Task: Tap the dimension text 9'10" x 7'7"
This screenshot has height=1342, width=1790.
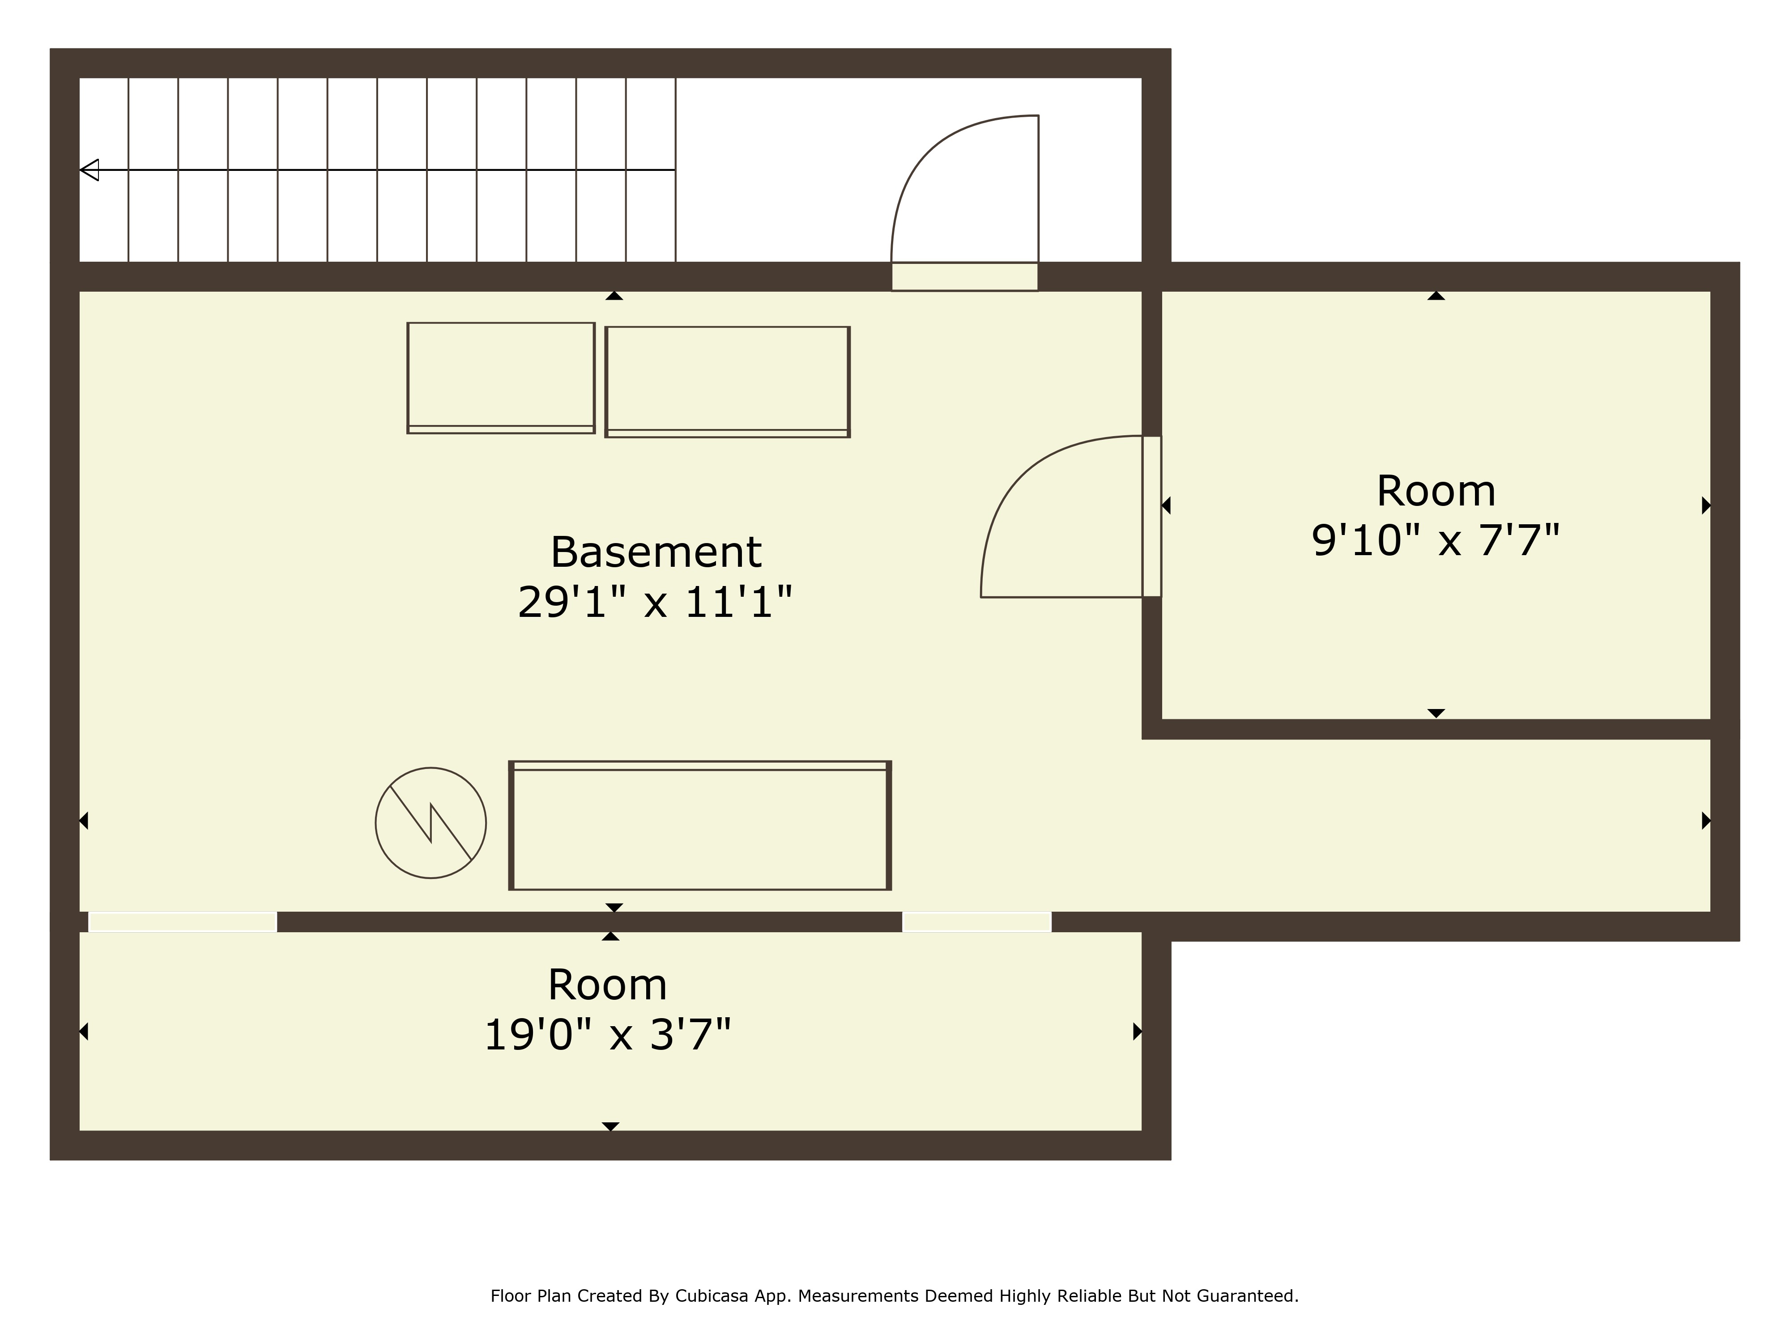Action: (1436, 540)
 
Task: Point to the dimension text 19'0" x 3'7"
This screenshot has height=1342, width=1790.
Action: (607, 1035)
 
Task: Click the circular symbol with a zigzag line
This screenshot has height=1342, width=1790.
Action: (430, 823)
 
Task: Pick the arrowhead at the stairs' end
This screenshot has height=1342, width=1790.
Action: (89, 170)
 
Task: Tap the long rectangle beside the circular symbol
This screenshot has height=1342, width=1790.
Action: (700, 825)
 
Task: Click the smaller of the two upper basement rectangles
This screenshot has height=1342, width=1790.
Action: (501, 378)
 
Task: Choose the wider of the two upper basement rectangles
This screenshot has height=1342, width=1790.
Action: (728, 382)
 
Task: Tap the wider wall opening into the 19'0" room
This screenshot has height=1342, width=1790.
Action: (183, 922)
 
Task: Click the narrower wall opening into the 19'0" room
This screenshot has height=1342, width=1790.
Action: (977, 922)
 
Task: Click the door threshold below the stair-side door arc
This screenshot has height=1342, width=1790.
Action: (965, 276)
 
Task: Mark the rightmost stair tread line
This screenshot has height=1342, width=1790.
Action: (676, 170)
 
